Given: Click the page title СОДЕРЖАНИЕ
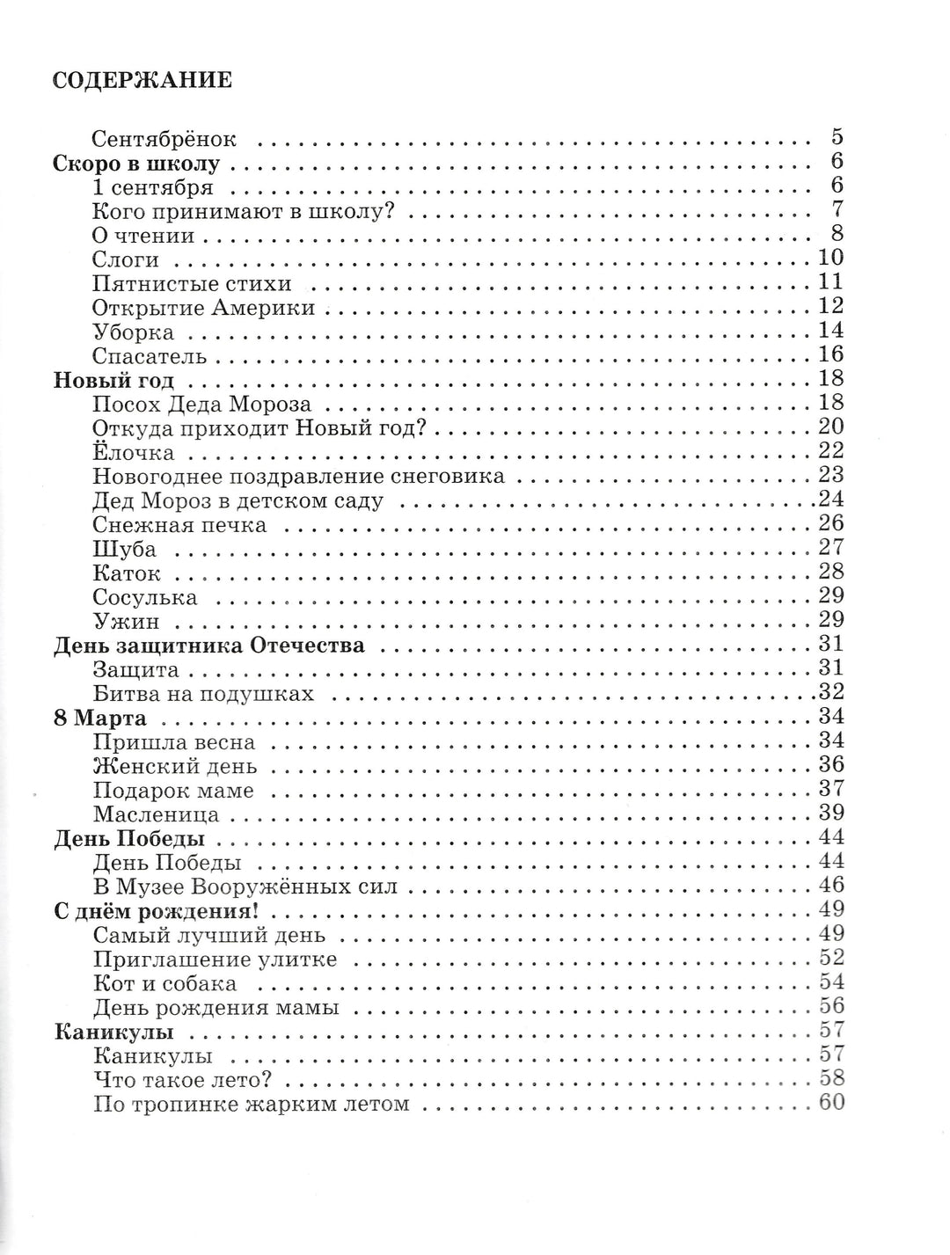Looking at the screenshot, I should coord(142,81).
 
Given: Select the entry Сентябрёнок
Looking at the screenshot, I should coord(164,139).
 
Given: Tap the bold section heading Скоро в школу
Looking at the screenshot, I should coord(136,164).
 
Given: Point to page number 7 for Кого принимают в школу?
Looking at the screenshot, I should coord(837,209).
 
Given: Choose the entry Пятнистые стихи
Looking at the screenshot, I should coord(192,284).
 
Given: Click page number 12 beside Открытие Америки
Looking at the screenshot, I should coord(830,306).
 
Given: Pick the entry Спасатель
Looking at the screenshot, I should coord(150,356).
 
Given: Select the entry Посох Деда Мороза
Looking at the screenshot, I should coord(201,405).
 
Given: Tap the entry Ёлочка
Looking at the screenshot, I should coord(134,453).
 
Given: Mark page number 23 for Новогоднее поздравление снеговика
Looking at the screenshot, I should coord(830,475).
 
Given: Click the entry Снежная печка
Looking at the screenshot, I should coord(179,526).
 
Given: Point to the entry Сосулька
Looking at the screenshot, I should coord(145,598).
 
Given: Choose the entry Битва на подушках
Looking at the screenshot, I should coord(203,694).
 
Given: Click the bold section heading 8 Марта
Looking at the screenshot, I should coord(100,718).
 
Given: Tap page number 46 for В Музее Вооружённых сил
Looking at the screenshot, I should coord(830,886).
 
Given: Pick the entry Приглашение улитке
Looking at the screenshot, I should coord(216,959).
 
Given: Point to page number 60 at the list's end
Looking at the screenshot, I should coord(830,1103).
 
